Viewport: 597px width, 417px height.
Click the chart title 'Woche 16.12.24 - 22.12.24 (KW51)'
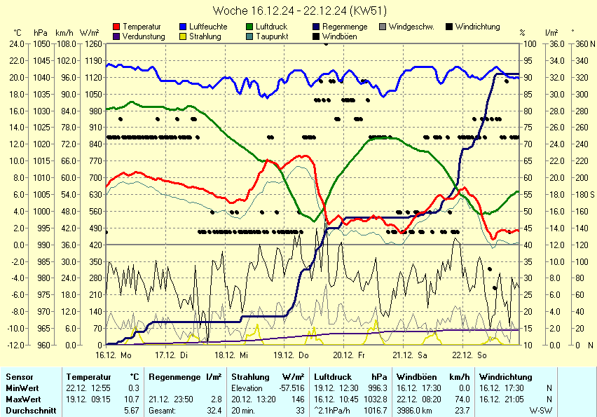click(298, 11)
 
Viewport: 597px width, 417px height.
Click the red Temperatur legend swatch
click(116, 27)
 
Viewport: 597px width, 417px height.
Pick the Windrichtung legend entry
click(477, 27)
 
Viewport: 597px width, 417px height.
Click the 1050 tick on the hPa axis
click(41, 43)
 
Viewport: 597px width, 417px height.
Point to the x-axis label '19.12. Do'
click(297, 355)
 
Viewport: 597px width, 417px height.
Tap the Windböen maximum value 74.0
click(459, 399)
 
